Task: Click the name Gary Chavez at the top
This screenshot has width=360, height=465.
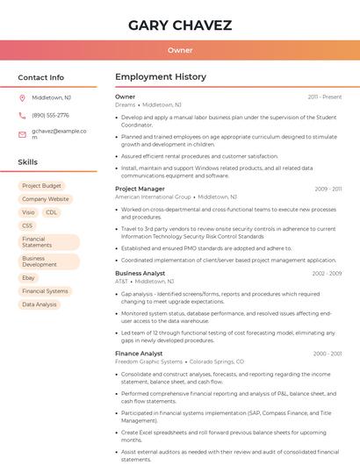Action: (x=180, y=25)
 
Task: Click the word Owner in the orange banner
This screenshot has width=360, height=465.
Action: (x=180, y=51)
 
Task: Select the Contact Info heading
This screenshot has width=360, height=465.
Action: (x=40, y=77)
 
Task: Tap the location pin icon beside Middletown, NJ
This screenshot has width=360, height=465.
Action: (x=22, y=97)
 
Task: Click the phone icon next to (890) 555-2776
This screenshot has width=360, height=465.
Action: (x=22, y=115)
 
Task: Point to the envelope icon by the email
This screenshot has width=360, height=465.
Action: (x=22, y=133)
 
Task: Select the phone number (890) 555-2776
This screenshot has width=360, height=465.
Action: (x=50, y=115)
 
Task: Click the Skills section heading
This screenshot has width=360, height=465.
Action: (x=28, y=162)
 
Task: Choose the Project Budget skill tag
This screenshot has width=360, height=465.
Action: (x=41, y=186)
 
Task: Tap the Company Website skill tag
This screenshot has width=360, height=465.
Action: (x=45, y=199)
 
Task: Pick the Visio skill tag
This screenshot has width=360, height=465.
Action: (x=28, y=212)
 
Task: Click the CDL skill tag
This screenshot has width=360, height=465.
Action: (x=52, y=212)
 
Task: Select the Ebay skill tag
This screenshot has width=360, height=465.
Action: (x=28, y=277)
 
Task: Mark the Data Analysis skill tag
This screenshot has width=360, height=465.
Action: (x=39, y=304)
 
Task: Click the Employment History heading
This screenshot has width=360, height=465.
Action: (x=161, y=77)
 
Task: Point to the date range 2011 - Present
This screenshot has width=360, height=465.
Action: (x=324, y=97)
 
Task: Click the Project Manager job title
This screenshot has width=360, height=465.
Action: (x=140, y=189)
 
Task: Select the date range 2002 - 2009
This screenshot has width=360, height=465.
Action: (x=327, y=274)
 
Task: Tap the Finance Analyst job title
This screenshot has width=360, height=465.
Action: (x=139, y=354)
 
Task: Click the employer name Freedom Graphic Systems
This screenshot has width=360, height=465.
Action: (x=149, y=361)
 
